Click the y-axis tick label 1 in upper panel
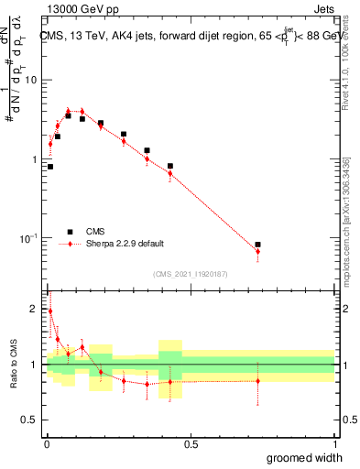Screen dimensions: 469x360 [x=38, y=159]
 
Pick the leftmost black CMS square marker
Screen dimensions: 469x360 [x=50, y=167]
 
